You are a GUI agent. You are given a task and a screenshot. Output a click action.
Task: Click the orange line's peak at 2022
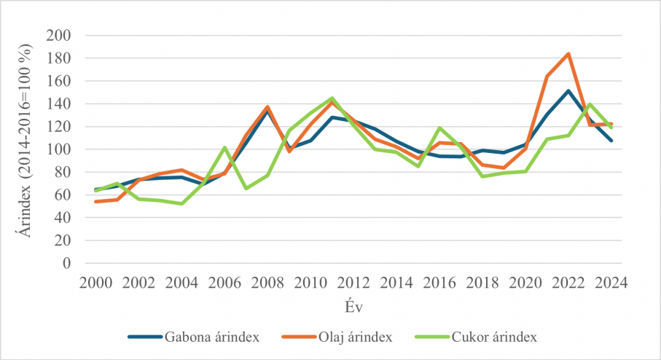point(568,54)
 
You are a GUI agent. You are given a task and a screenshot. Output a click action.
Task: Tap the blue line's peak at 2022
point(568,90)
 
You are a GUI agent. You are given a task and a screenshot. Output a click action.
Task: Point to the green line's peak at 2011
point(332,98)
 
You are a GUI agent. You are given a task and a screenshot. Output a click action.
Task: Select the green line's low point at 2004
point(181,203)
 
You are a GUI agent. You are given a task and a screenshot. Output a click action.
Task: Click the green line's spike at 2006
point(224,147)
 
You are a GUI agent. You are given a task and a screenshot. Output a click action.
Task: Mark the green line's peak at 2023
point(590,103)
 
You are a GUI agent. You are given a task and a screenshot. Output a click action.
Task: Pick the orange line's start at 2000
point(96,202)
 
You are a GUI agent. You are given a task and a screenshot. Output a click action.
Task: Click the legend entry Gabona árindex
point(194,337)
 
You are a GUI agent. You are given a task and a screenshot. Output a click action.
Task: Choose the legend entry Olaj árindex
point(337,337)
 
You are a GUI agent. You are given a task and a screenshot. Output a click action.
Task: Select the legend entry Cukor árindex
point(477,337)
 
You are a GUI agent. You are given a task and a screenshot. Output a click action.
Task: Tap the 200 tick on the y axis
point(58,36)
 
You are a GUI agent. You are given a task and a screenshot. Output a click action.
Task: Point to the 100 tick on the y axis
point(58,149)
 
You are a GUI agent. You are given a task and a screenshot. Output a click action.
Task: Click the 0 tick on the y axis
point(66,263)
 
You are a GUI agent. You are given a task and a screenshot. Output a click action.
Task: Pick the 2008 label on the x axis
point(267,283)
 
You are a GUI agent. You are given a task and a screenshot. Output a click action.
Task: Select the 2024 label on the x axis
point(611,283)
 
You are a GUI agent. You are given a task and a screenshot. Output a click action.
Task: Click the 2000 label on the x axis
point(96,283)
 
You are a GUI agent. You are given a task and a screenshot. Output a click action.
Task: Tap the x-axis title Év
point(354,307)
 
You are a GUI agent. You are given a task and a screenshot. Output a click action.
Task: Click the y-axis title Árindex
point(25,213)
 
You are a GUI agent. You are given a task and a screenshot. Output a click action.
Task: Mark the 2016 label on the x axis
point(439,283)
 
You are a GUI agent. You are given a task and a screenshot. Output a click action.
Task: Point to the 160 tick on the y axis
point(58,81)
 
